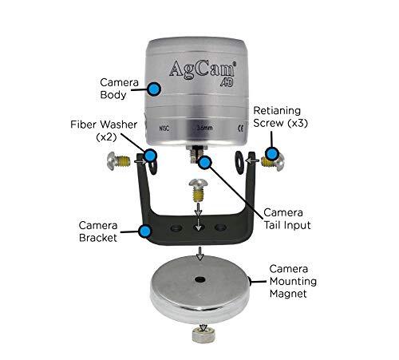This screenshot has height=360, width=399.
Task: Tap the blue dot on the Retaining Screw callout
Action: pos(271,152)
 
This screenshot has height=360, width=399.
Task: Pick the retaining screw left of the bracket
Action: pos(118,164)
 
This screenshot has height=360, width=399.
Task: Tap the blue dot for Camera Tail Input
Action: pos(205,162)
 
